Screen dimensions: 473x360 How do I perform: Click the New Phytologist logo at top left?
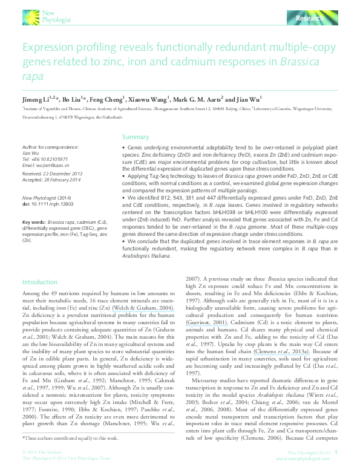coord(48,16)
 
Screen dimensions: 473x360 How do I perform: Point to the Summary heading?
coord(135,137)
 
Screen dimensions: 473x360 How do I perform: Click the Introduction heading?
coord(40,282)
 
